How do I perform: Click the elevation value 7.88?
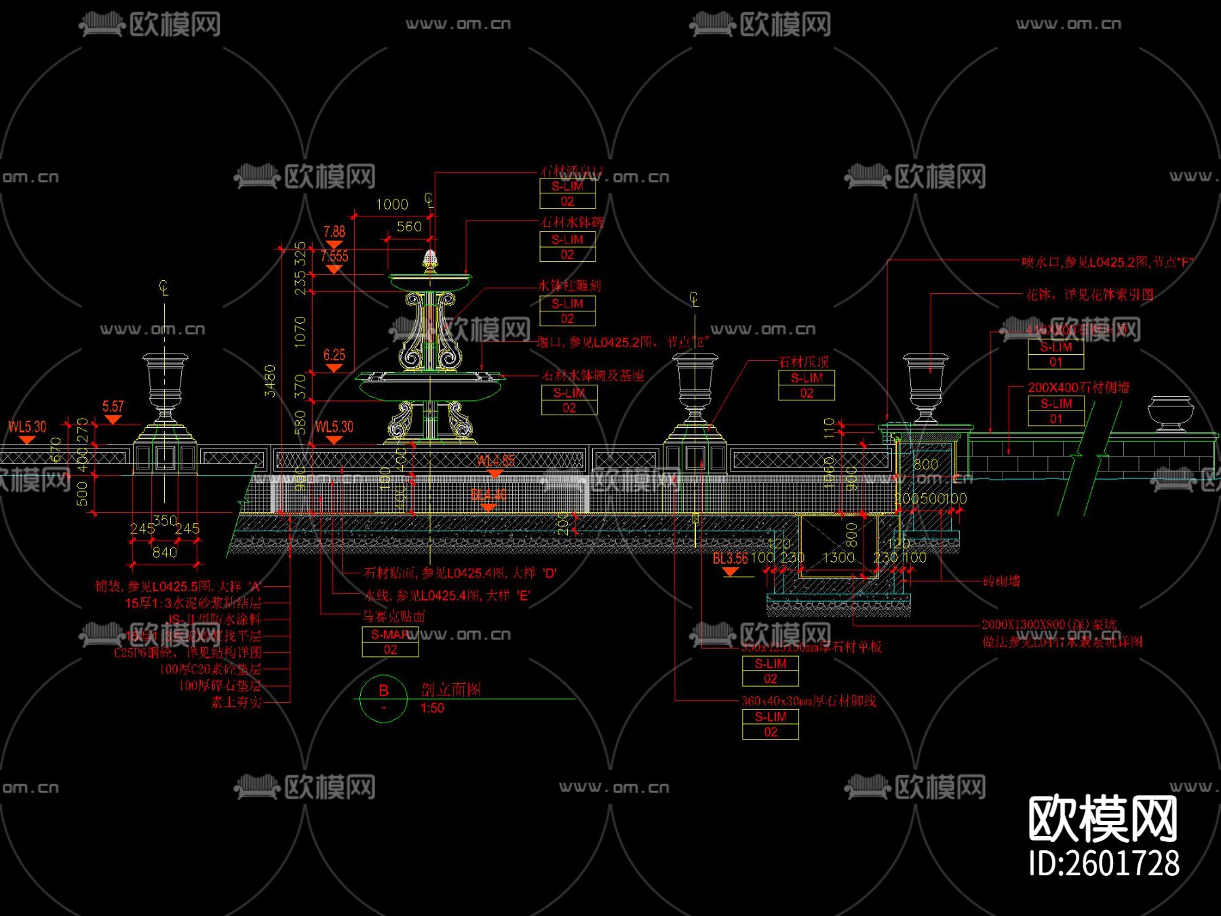334,232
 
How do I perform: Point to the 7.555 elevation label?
334,256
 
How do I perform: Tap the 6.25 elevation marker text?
334,355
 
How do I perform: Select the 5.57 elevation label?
113,406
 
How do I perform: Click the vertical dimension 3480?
270,381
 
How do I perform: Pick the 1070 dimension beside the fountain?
300,332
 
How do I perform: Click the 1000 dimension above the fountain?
392,204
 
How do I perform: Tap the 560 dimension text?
409,227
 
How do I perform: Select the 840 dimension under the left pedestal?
164,552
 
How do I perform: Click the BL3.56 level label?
730,558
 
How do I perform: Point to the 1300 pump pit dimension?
838,558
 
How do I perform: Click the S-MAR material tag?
391,635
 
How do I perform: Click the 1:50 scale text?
432,708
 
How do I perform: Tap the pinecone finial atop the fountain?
429,260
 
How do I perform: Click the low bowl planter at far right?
1169,413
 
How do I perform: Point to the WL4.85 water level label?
495,461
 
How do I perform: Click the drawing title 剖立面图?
451,690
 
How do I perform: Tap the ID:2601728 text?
1104,864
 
